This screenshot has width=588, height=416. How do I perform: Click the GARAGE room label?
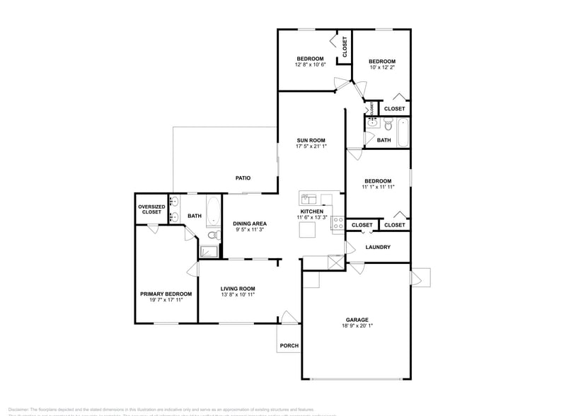(x=357, y=319)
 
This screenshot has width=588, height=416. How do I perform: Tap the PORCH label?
(x=289, y=346)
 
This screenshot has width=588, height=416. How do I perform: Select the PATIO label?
(x=243, y=178)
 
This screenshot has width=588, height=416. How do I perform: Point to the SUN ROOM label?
(x=311, y=140)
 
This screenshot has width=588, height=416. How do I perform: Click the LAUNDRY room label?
(x=378, y=247)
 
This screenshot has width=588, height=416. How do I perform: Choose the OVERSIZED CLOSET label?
(x=151, y=209)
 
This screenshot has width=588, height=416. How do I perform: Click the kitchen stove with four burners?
(x=338, y=224)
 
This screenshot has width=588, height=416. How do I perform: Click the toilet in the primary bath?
(x=212, y=235)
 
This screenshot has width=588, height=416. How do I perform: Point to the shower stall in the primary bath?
(x=209, y=252)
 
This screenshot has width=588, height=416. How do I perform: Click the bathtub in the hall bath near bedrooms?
(x=403, y=132)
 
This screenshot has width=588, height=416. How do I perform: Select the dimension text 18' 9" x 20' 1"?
(x=357, y=326)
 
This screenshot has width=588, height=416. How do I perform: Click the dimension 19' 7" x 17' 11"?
(x=166, y=301)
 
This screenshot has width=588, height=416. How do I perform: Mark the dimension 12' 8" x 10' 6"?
(x=310, y=65)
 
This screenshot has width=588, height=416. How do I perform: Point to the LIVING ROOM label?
(x=237, y=288)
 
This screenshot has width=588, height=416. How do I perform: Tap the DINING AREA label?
(x=250, y=224)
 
